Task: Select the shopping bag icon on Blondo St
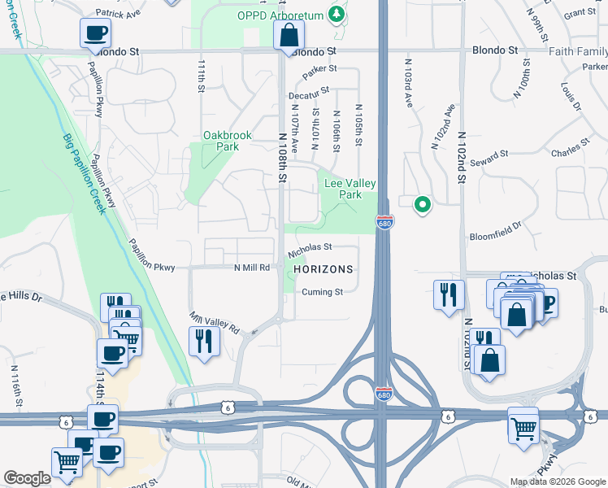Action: [289, 37]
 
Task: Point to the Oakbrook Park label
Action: [228, 141]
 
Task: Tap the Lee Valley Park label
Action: [343, 190]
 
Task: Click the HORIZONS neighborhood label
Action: [323, 269]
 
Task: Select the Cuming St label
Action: [324, 292]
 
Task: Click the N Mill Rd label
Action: [251, 268]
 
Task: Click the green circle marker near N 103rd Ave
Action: [422, 205]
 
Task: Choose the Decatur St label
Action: [311, 94]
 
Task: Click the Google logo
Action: [27, 478]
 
